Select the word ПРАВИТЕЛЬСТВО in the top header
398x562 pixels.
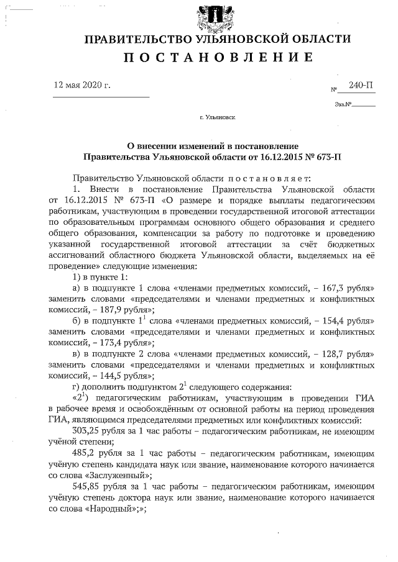[x=137, y=39]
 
